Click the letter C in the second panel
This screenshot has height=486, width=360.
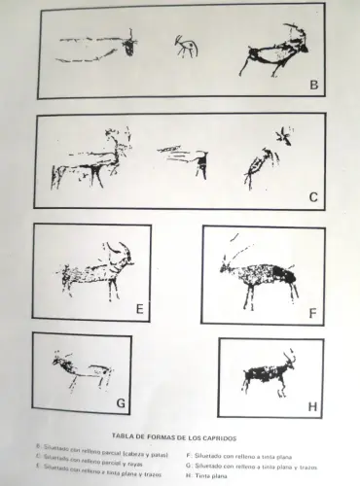coord(313,197)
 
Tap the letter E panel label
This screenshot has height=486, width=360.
coord(140,310)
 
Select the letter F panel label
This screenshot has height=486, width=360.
coord(312,313)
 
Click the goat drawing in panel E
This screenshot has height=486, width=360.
coord(97,272)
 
